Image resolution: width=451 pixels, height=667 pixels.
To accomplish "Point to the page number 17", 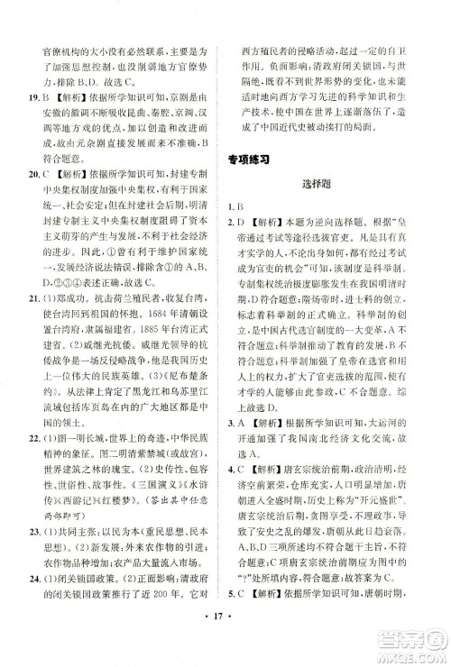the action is (x=225, y=646).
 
